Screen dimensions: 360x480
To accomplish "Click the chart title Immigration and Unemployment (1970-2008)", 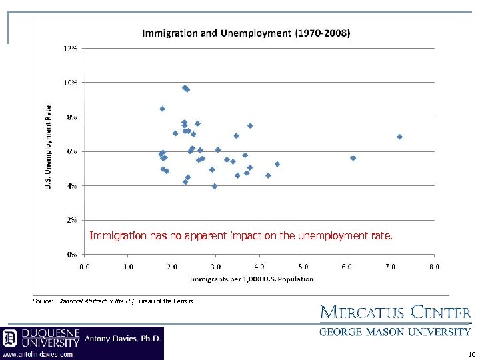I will (x=247, y=33).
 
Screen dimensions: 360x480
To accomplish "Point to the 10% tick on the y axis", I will (x=70, y=82).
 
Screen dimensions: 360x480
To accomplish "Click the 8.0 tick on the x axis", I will (x=434, y=267).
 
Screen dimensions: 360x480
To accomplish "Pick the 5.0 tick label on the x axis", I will (x=303, y=267).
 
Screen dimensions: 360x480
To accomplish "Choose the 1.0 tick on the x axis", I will (x=128, y=267).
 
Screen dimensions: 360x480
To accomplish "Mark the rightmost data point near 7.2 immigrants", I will (x=399, y=137).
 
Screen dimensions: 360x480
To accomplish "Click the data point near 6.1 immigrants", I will (x=353, y=158).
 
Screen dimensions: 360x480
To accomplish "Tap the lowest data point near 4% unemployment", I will (x=215, y=186).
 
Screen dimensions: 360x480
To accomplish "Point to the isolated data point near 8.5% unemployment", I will (x=162, y=109).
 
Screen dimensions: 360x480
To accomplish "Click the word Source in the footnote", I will (x=43, y=301).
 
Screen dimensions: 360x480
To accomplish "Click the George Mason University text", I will (x=395, y=331).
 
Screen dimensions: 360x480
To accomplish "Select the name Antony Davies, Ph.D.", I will (x=123, y=338).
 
